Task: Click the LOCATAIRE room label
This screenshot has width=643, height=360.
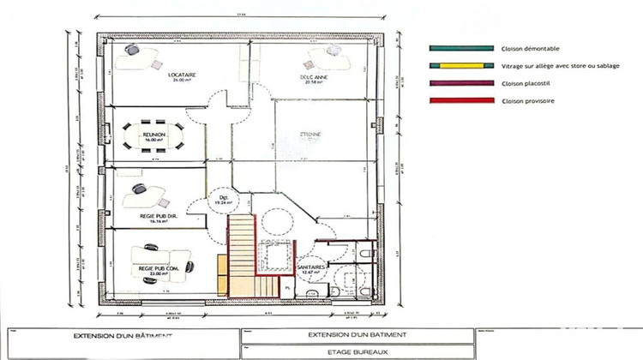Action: click(x=183, y=75)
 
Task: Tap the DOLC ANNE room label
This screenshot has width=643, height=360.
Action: click(x=315, y=75)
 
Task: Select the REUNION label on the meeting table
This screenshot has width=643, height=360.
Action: click(x=155, y=135)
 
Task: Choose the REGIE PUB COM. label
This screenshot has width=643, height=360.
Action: click(x=157, y=268)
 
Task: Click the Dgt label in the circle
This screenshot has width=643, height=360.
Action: click(x=222, y=198)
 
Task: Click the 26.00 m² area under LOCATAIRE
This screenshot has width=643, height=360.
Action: click(x=183, y=81)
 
